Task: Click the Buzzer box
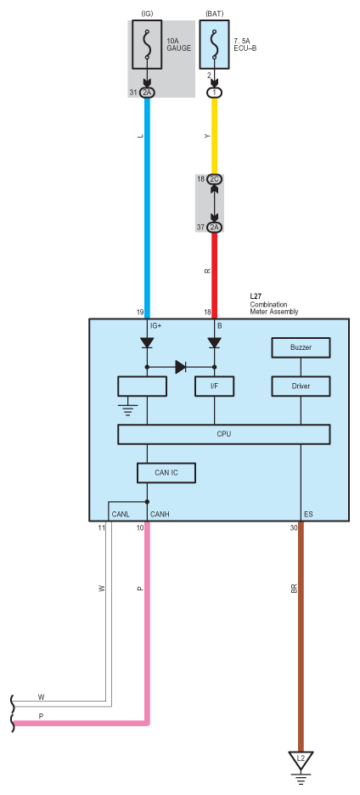[x=301, y=348]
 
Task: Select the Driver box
[x=301, y=386]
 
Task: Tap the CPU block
[x=224, y=435]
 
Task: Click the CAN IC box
[x=166, y=473]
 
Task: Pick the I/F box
[x=215, y=386]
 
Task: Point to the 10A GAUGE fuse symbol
[x=147, y=45]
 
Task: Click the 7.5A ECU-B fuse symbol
[x=215, y=45]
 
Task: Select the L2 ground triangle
[x=301, y=759]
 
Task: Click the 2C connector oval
[x=215, y=179]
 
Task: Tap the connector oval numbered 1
[x=215, y=93]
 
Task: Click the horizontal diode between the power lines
[x=181, y=367]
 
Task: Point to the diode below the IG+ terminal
[x=147, y=343]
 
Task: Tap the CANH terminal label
[x=160, y=514]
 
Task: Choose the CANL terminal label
[x=121, y=514]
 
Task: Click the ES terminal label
[x=308, y=514]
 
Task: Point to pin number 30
[x=294, y=527]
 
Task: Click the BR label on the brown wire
[x=294, y=589]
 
